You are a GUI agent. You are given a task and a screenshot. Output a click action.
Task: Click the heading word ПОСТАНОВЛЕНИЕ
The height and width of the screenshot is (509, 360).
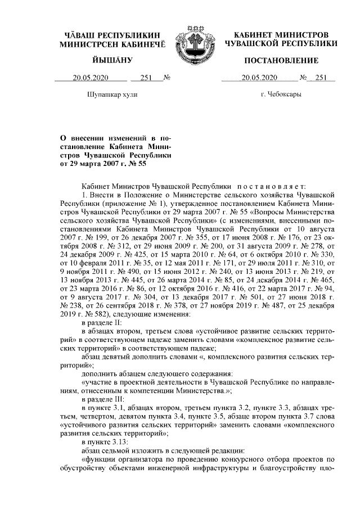tap(281, 60)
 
